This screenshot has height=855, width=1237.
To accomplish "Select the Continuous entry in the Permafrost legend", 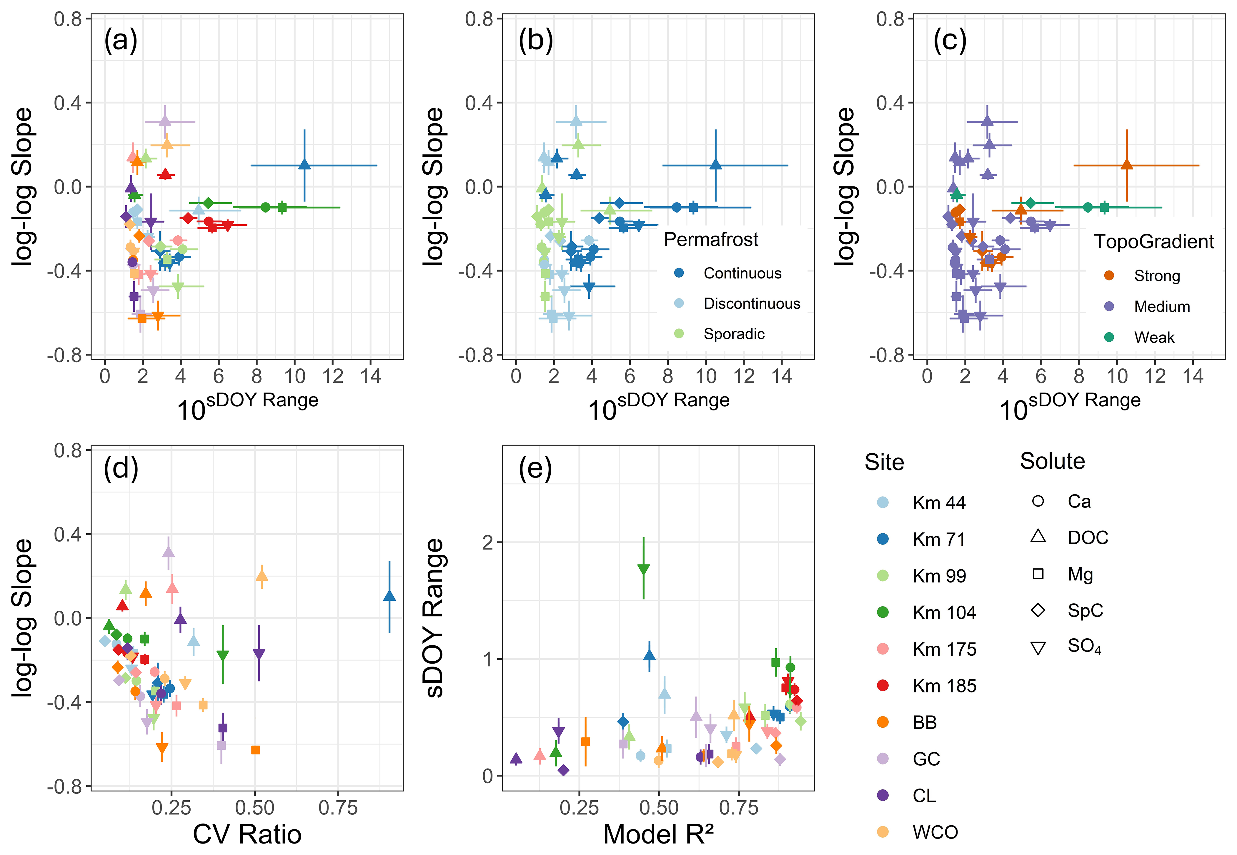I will point(742,273).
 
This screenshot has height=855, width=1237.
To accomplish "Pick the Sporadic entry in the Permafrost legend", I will point(734,334).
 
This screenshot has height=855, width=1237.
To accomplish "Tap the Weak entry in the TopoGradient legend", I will point(1154,338).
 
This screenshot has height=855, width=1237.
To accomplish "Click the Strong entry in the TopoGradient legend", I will point(1157,276).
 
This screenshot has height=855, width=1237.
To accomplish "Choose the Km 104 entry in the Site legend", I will point(944,612).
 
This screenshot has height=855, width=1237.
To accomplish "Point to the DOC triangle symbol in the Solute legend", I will point(1038,536).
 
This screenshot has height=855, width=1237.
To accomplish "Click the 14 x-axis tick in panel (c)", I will point(1193,376).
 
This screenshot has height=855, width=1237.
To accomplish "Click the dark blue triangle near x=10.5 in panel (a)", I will point(304,164).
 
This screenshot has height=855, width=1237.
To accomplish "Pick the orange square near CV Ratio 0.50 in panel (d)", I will point(256,750).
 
